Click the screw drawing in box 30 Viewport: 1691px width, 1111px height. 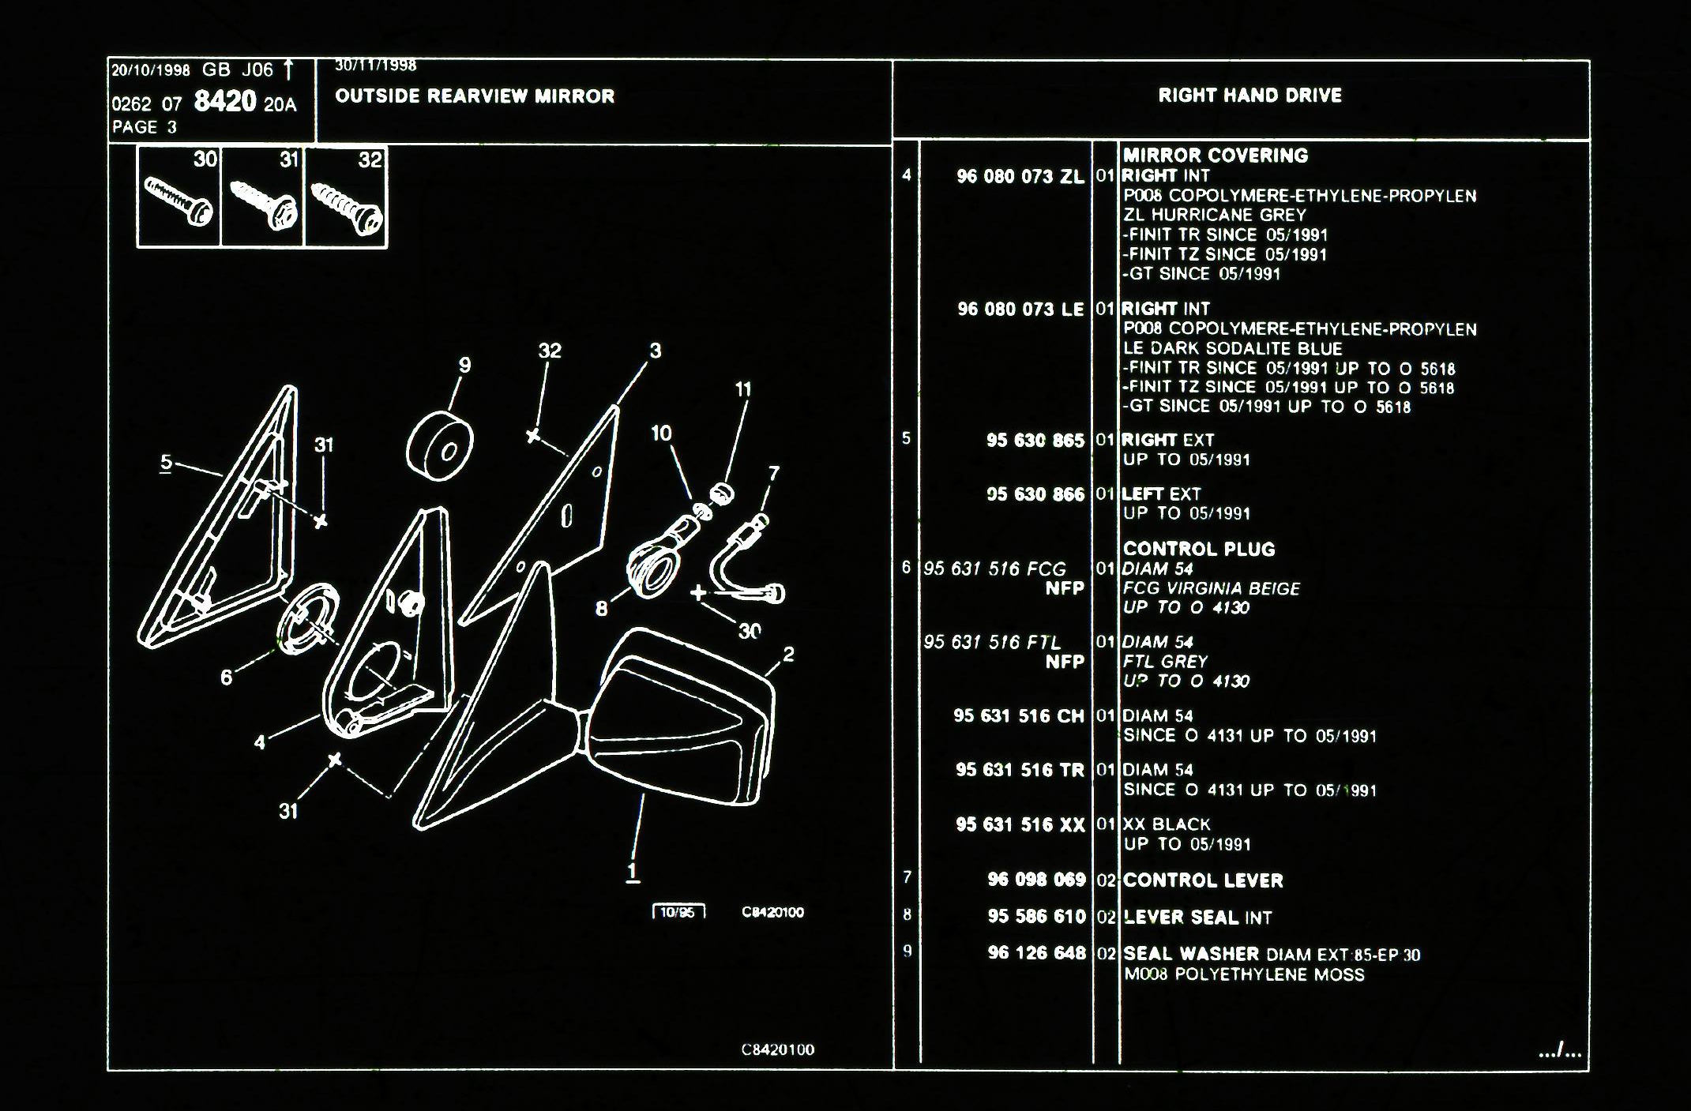click(x=178, y=201)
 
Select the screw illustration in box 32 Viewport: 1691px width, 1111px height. click(x=347, y=208)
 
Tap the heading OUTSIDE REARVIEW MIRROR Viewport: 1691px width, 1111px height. click(x=475, y=96)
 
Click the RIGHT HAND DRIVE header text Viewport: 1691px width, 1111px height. click(x=1249, y=96)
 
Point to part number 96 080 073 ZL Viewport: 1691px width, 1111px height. click(x=1020, y=177)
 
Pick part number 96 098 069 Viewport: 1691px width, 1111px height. click(x=1036, y=880)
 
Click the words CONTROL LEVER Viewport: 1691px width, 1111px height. click(x=1203, y=880)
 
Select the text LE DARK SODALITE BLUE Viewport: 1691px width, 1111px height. click(x=1232, y=349)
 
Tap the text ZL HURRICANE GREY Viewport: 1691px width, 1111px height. click(x=1215, y=215)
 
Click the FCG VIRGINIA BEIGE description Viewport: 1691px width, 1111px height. click(x=1211, y=588)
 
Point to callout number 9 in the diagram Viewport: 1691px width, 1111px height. click(x=464, y=365)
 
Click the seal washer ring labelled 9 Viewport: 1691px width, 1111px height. click(x=439, y=447)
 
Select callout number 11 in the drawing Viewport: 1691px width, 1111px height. click(x=742, y=389)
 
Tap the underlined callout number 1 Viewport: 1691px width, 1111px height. click(x=632, y=872)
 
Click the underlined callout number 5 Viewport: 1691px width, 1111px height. click(x=166, y=463)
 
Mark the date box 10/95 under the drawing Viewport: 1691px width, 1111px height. click(x=678, y=913)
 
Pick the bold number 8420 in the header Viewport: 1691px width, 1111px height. click(x=225, y=102)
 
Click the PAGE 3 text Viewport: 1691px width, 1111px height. click(x=145, y=127)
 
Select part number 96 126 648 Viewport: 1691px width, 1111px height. click(x=1036, y=953)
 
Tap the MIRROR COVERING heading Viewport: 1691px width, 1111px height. click(x=1215, y=156)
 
